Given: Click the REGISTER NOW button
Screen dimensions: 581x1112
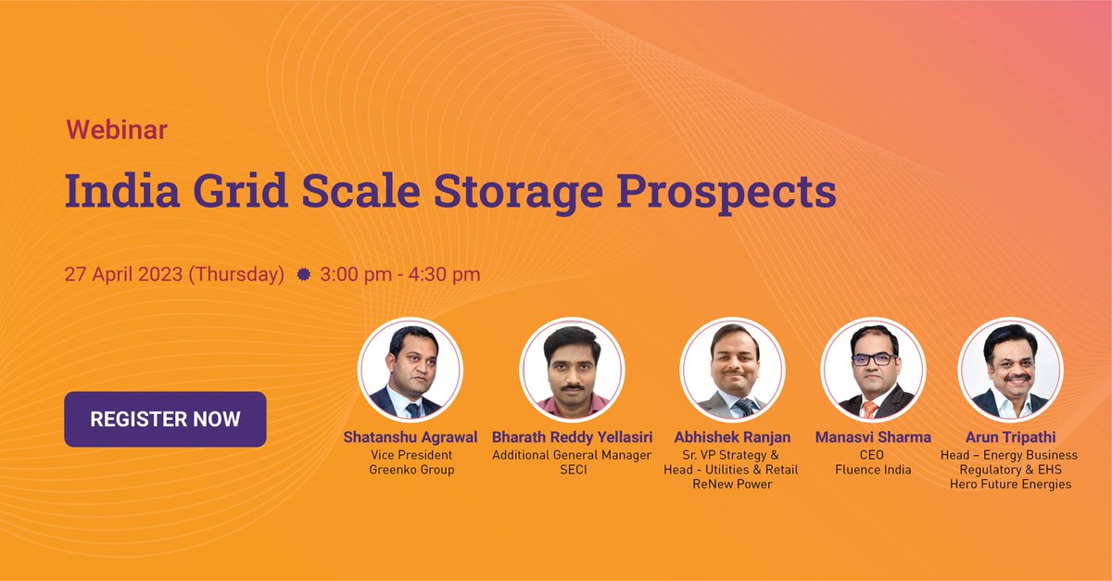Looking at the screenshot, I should click(165, 419).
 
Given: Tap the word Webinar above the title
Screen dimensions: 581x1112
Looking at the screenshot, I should click(116, 131).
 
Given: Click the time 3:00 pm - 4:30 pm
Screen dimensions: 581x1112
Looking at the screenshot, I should click(400, 274).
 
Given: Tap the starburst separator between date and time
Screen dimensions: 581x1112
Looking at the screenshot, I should click(302, 275).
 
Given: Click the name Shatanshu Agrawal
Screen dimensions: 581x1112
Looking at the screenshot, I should click(411, 437).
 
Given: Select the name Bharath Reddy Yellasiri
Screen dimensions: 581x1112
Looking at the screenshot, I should click(571, 437).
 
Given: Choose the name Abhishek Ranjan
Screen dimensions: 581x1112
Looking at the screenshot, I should click(731, 437).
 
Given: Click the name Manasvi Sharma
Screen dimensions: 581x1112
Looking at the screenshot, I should click(873, 437).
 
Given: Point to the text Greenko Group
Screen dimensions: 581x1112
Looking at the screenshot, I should click(411, 470).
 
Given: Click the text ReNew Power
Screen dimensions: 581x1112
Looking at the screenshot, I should click(731, 485).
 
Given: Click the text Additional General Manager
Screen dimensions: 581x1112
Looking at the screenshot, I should click(571, 455).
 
